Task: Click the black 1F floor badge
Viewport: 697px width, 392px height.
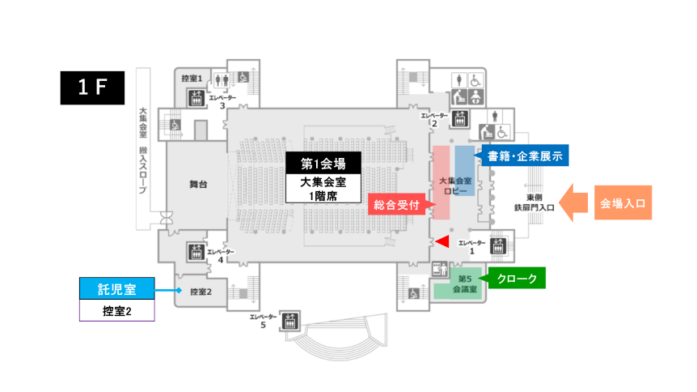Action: click(x=93, y=87)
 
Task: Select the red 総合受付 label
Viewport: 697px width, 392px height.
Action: click(x=395, y=205)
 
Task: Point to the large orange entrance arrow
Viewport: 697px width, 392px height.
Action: click(x=575, y=202)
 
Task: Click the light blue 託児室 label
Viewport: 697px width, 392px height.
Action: click(x=116, y=288)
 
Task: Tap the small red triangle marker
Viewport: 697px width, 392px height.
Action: click(x=441, y=241)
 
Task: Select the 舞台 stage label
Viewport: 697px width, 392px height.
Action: click(x=198, y=185)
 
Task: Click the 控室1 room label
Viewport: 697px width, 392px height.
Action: click(x=191, y=78)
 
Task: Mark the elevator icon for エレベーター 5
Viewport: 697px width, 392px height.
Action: click(x=290, y=320)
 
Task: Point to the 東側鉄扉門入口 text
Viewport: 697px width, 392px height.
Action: click(x=539, y=202)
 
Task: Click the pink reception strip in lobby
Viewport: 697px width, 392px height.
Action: click(x=443, y=183)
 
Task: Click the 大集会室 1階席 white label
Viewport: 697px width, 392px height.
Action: click(x=318, y=188)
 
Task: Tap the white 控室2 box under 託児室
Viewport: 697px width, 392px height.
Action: click(x=116, y=310)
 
